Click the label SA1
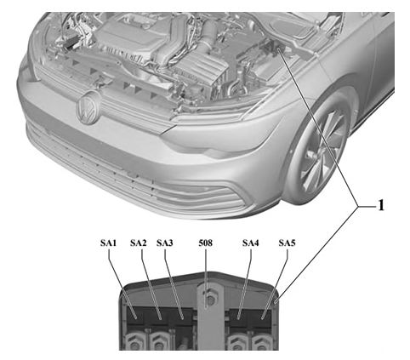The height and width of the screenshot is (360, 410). pos(108,243)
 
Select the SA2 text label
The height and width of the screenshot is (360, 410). pos(139,243)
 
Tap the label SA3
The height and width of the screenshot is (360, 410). pos(165,243)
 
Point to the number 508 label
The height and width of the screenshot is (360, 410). pos(205,243)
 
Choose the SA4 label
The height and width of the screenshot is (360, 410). pos(251,243)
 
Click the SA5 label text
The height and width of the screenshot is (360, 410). pos(287,243)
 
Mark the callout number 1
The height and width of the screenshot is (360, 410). pos(381,205)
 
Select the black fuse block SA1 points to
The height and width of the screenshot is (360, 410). pos(135,317)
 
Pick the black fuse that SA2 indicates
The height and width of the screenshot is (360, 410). pos(159,317)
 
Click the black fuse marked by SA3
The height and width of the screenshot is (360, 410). pos(182,317)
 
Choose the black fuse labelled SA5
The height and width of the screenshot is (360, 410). pos(261,317)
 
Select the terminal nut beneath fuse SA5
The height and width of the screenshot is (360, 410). pos(261,342)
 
